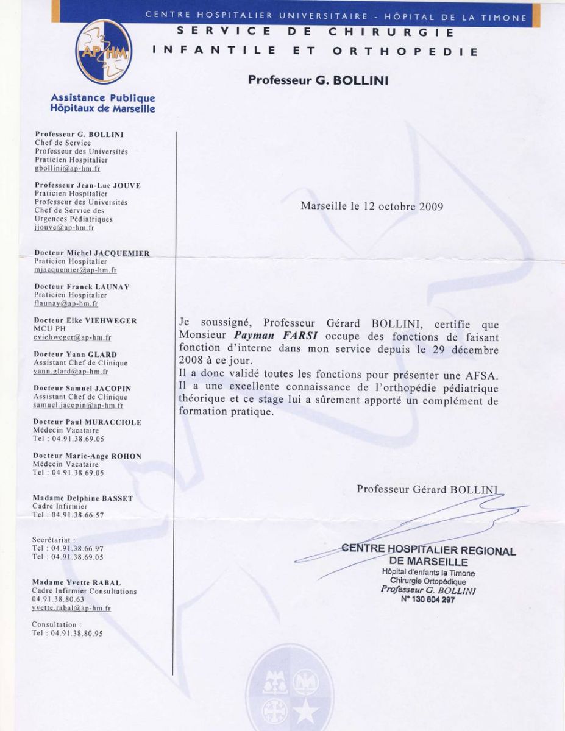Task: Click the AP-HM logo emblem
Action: [104, 52]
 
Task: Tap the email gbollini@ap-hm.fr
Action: [68, 169]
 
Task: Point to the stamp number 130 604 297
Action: [427, 599]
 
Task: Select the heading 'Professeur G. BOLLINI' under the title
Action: [318, 80]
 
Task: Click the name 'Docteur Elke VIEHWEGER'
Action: [85, 320]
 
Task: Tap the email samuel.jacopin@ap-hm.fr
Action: [79, 406]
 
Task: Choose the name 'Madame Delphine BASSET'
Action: [83, 498]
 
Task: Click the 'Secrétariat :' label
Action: [54, 540]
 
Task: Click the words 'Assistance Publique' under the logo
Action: [103, 97]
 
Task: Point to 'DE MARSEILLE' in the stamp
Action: [428, 562]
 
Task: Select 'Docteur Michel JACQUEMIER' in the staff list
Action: [92, 253]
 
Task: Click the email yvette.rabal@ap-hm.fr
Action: [71, 608]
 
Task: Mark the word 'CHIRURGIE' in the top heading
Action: [391, 32]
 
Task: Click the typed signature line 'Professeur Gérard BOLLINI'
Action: [427, 489]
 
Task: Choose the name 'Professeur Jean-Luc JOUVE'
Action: [88, 185]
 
